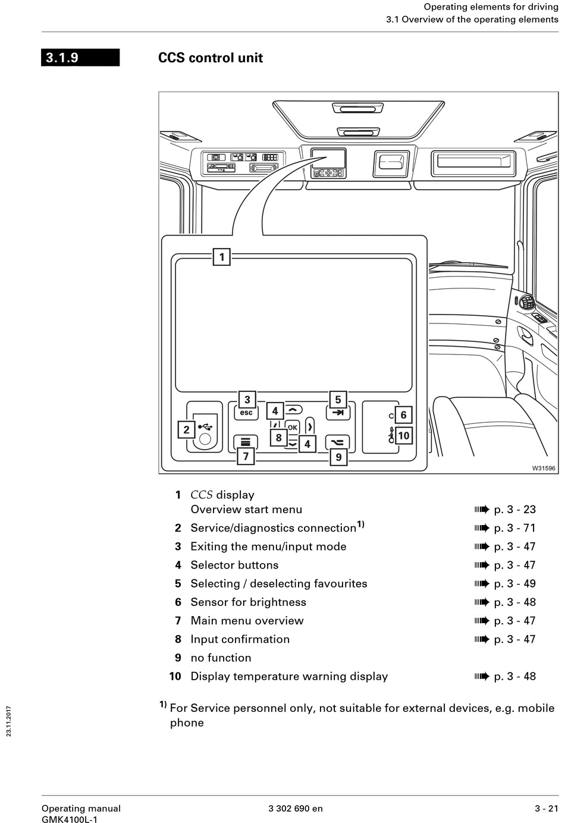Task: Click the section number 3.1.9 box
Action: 80,58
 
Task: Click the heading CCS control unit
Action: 211,58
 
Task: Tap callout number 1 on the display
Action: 222,257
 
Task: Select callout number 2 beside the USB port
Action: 186,429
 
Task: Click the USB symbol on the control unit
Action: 205,426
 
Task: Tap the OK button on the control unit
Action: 292,428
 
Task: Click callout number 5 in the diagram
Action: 338,400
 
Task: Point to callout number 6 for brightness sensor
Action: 403,415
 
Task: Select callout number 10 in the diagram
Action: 404,436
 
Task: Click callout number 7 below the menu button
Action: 246,457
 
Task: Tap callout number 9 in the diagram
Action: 338,457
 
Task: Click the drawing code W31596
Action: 544,468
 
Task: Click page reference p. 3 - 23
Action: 514,510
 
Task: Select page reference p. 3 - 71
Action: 514,528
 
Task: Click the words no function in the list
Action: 221,658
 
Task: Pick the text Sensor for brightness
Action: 248,602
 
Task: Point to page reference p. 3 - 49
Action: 514,583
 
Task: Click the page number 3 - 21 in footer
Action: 546,808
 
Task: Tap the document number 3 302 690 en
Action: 296,808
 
